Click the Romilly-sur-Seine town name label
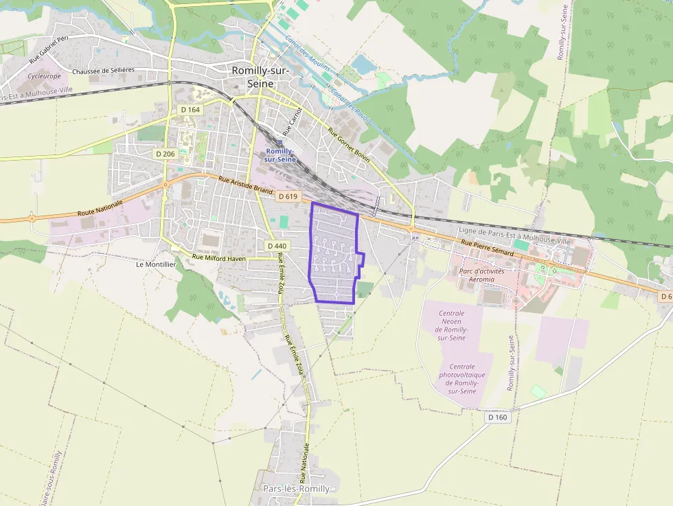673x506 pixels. tap(260, 77)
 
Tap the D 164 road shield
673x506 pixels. tap(190, 110)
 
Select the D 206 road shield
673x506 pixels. tap(165, 154)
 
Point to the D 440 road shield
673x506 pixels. tap(277, 246)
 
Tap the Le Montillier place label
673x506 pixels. tap(156, 264)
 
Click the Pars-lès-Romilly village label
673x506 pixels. tap(296, 488)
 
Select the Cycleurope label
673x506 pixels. tap(45, 76)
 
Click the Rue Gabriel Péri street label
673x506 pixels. tap(49, 50)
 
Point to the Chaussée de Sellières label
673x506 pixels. tap(103, 70)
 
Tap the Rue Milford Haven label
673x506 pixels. tap(218, 257)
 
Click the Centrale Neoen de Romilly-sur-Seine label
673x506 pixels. tap(452, 325)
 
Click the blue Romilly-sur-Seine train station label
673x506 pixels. tap(280, 154)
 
